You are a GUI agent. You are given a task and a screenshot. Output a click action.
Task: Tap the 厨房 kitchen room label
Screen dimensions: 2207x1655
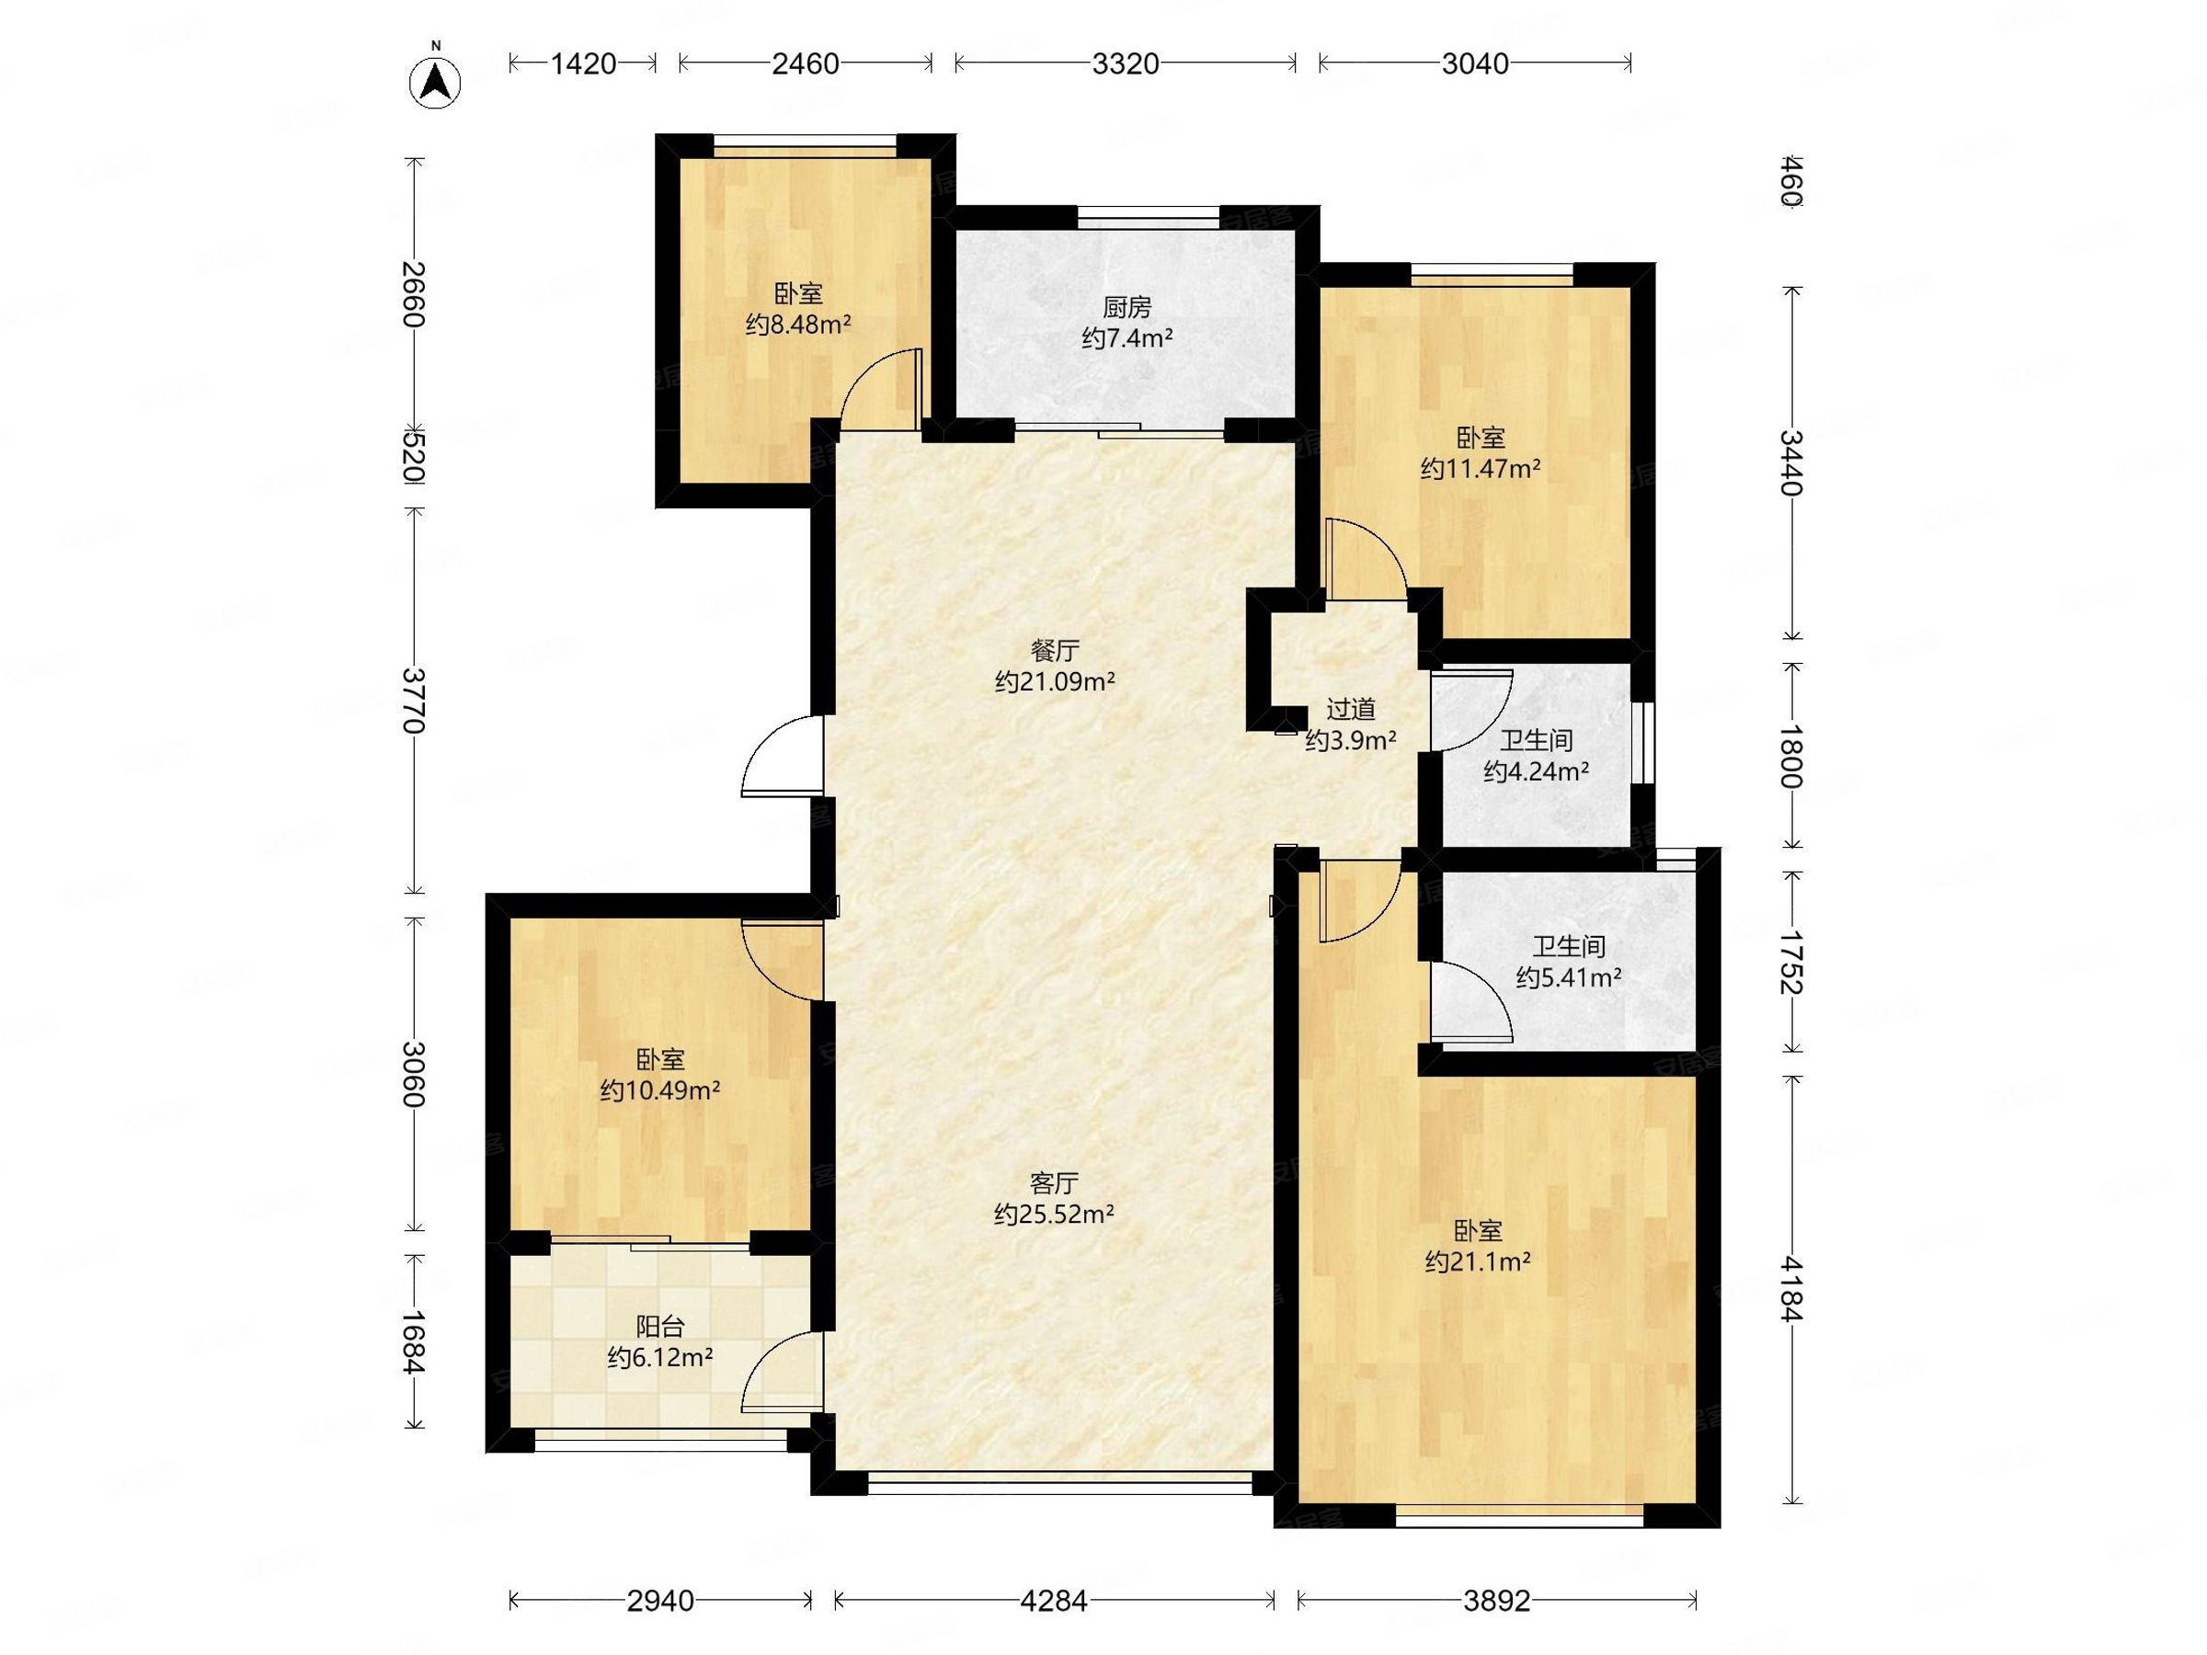[x=1126, y=307]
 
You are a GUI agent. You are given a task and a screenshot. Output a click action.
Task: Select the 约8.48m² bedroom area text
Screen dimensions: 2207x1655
[x=798, y=325]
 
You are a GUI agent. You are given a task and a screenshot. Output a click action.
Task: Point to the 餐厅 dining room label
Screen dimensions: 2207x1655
[x=1055, y=651]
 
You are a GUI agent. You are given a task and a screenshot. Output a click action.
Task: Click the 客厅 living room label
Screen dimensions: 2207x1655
[x=1055, y=1183]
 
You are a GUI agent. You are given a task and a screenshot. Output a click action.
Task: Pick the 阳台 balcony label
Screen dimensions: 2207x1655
[x=660, y=1327]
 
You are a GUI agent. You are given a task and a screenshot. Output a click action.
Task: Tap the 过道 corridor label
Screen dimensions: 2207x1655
[x=1351, y=709]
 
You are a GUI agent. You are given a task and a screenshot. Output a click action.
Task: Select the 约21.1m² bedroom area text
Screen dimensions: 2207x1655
[x=1479, y=1262]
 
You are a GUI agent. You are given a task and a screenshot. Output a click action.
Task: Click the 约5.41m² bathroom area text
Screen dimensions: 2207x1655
[x=1569, y=977]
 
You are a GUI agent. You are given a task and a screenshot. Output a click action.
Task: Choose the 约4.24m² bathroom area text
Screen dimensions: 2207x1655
[x=1537, y=771]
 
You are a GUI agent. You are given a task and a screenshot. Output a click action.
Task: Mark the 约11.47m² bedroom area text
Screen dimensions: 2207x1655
[x=1481, y=469]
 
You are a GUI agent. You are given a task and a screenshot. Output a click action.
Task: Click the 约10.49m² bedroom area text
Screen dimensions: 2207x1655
[x=660, y=1090]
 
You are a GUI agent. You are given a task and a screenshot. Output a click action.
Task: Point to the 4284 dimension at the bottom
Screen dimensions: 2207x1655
[x=1055, y=1600]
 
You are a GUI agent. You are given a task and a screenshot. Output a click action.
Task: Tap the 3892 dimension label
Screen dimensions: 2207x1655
[x=1496, y=1600]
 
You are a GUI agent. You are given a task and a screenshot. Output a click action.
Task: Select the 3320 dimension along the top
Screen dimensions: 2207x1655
[x=1126, y=63]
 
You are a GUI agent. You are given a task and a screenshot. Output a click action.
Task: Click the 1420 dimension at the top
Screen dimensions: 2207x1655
[x=584, y=63]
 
